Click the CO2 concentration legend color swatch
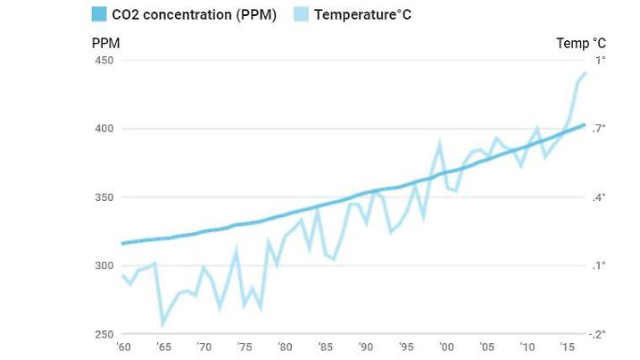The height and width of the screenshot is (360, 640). click(99, 15)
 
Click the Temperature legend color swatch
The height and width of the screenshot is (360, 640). click(301, 15)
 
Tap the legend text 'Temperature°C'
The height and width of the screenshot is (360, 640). click(363, 15)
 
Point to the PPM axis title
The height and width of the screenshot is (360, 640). click(105, 43)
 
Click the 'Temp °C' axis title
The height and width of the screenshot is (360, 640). click(581, 43)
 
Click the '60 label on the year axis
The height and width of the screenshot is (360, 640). click(122, 347)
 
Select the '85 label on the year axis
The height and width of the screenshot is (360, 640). click(325, 347)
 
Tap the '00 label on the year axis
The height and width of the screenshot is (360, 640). click(446, 347)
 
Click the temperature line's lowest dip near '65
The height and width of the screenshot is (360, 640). click(163, 323)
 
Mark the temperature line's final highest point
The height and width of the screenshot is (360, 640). click(585, 73)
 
